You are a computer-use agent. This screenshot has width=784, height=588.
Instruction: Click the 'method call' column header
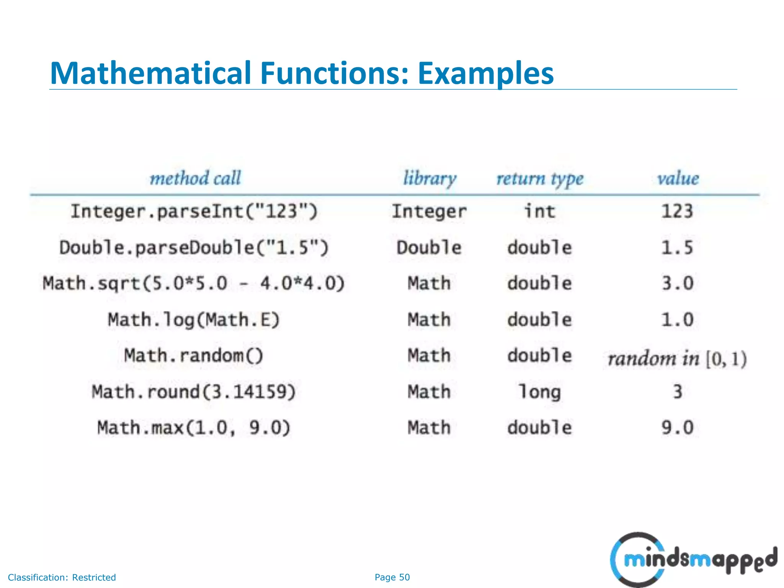point(195,178)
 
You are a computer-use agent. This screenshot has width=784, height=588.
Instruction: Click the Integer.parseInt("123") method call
point(194,211)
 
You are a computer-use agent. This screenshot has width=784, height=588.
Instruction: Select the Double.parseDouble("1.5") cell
point(194,248)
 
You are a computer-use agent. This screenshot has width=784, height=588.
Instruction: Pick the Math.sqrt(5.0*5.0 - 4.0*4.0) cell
point(194,284)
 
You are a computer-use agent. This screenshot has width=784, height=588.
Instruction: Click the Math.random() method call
point(194,356)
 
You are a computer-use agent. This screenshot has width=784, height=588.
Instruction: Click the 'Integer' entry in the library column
point(429,212)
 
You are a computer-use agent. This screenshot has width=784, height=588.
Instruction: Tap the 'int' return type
point(539,211)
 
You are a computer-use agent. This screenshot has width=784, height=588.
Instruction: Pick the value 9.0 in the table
point(678,428)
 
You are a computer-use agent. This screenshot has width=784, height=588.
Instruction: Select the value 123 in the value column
point(678,211)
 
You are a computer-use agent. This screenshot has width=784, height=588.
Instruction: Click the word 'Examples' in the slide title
point(485,73)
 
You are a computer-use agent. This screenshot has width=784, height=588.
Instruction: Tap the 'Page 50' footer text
point(392,577)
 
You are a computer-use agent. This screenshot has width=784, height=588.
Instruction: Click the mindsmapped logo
point(693,559)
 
